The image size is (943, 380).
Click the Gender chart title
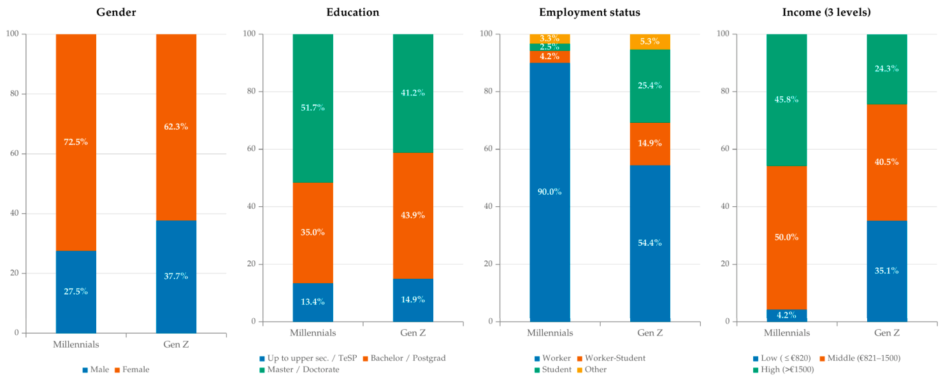116,12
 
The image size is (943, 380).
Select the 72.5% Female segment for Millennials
76,142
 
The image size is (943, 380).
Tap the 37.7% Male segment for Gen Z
176,277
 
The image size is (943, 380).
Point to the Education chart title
353,12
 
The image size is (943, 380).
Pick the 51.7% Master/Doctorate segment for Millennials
313,108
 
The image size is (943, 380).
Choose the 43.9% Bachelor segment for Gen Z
413,216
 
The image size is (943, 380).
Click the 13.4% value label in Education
313,302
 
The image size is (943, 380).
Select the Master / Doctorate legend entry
299,369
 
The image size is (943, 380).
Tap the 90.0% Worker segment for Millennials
550,192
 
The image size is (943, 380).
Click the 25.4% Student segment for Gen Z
650,86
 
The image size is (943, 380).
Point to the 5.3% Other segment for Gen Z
650,41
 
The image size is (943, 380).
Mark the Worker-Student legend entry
611,358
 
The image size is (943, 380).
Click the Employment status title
589,12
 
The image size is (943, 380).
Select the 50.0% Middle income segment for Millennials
787,237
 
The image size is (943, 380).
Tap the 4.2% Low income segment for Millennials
787,316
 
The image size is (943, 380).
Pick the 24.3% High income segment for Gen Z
887,69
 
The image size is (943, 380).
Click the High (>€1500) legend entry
784,369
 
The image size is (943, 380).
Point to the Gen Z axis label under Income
887,333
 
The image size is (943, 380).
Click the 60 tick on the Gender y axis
14,153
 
